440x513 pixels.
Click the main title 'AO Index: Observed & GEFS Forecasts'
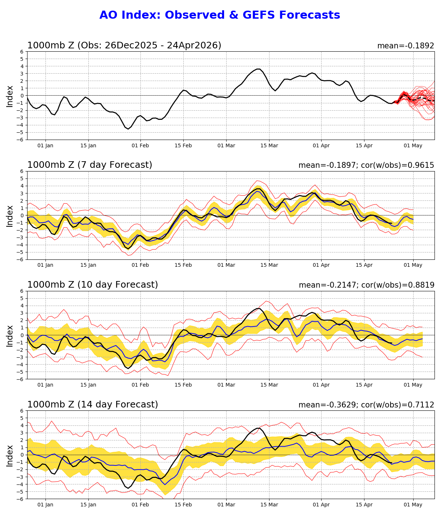(220, 15)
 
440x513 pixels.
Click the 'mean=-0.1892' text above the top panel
(406, 46)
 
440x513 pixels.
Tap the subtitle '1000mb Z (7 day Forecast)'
(89, 165)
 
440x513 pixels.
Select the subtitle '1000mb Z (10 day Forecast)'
(92, 285)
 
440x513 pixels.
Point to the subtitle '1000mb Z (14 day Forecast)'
(92, 405)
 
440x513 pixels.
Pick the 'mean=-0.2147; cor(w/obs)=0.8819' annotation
(366, 285)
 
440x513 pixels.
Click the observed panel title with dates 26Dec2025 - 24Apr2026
(124, 46)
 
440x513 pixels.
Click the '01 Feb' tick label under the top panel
(140, 146)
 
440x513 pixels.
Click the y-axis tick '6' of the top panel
(22, 52)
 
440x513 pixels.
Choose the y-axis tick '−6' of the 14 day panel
(21, 499)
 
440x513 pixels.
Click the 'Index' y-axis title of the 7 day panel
(10, 216)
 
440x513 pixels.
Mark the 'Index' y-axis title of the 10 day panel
(10, 336)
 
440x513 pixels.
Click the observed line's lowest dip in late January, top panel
(128, 129)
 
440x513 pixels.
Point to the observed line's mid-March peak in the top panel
(258, 69)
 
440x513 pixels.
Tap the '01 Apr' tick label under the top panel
(321, 146)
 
